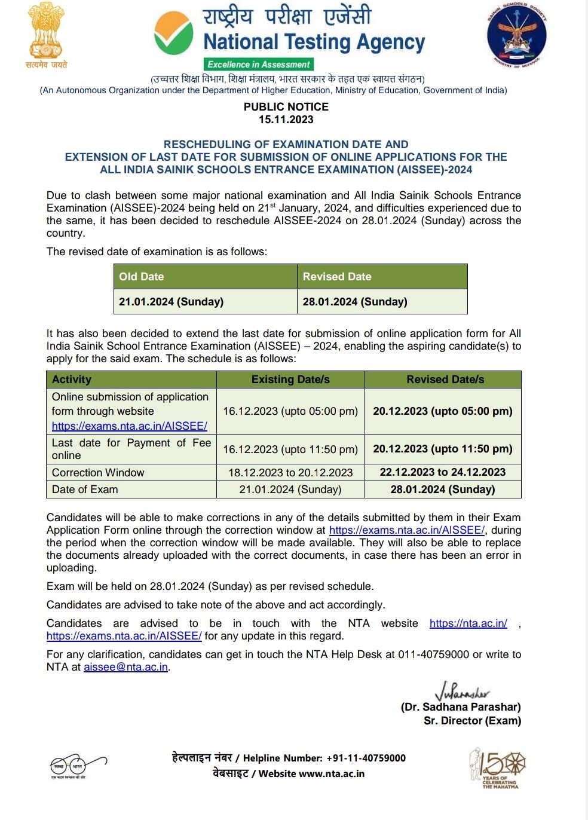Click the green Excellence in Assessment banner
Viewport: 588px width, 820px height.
259,65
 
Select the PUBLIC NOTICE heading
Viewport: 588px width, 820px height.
286,107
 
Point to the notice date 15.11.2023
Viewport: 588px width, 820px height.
286,120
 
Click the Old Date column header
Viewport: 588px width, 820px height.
142,277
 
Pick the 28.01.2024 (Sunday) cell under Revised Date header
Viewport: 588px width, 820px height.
355,302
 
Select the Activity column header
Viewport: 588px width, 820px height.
72,380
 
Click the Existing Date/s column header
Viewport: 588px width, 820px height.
290,380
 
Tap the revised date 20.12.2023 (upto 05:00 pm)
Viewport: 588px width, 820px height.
443,411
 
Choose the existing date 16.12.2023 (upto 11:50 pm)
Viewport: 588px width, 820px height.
290,449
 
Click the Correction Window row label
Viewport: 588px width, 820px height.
98,473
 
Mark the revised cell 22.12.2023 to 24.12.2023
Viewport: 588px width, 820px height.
443,472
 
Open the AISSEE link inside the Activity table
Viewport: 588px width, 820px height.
130,426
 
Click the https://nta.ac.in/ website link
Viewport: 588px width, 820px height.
468,623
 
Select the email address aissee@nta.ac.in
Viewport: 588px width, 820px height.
125,667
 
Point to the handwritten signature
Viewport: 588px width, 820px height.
462,692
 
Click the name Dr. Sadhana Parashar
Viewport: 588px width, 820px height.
461,707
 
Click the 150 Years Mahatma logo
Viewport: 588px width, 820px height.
497,767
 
